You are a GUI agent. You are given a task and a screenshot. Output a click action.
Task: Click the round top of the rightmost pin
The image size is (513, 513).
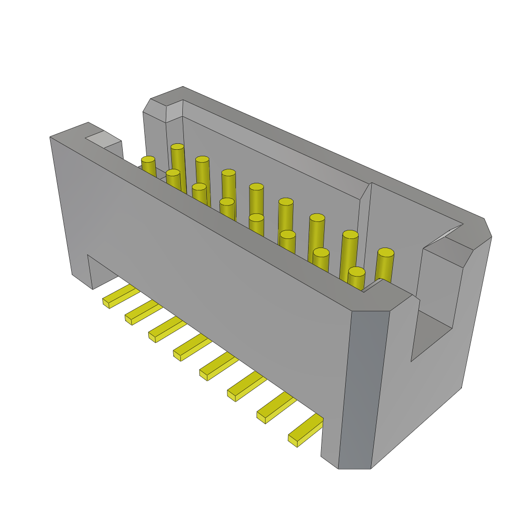386,252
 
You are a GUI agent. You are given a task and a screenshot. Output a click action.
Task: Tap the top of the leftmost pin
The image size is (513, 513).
148,159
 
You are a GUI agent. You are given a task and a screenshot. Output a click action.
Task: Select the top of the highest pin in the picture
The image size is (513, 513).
177,147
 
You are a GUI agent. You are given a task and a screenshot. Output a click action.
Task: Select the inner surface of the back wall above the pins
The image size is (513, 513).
281,165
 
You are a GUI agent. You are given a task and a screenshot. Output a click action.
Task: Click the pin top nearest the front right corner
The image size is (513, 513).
357,272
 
